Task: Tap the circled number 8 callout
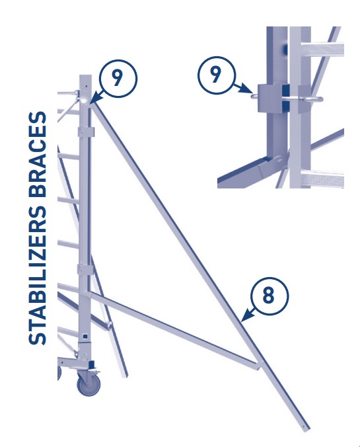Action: point(268,296)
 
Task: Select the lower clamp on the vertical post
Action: point(86,269)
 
